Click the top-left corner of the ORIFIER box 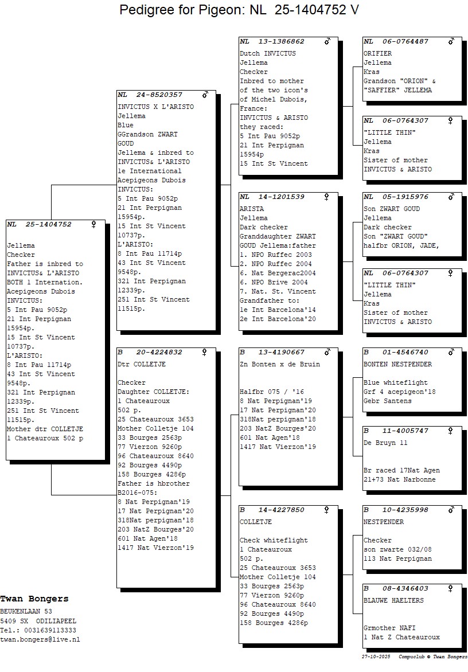[x=362, y=37]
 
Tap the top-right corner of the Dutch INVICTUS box [x=338, y=37]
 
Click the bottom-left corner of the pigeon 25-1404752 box [x=6, y=460]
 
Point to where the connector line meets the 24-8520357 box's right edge [x=216, y=185]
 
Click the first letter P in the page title [x=124, y=9]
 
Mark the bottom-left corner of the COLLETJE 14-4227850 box [x=239, y=644]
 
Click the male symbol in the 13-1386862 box [x=327, y=41]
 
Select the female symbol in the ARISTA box [x=326, y=197]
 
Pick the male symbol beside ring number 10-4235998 [x=451, y=510]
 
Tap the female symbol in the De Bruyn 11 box [x=450, y=431]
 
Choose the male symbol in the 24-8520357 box [x=205, y=94]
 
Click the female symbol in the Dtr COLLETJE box [x=204, y=352]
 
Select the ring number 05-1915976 [x=405, y=197]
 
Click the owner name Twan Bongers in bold [x=34, y=599]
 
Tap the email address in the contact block [x=40, y=639]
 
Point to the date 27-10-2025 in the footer [x=376, y=657]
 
